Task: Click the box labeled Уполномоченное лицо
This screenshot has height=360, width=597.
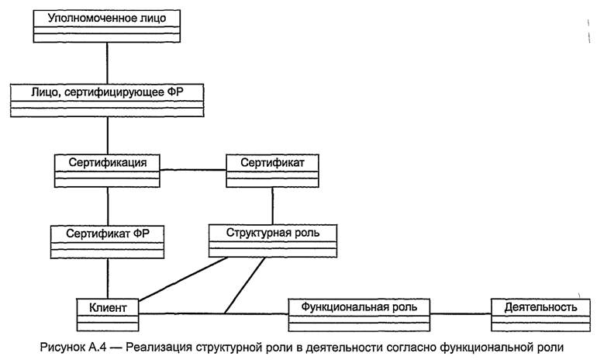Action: (x=107, y=24)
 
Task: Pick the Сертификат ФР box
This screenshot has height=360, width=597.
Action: (x=107, y=239)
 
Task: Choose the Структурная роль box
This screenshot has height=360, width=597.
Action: (x=272, y=239)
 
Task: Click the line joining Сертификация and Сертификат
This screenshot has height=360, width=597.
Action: (x=192, y=169)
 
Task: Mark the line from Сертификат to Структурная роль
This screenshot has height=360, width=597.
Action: (x=272, y=206)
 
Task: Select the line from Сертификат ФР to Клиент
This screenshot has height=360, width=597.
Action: (x=107, y=276)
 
